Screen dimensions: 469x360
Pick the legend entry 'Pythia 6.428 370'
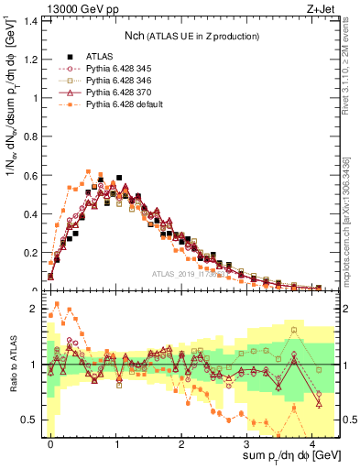click(x=115, y=93)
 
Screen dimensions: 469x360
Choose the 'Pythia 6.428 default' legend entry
click(x=123, y=106)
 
